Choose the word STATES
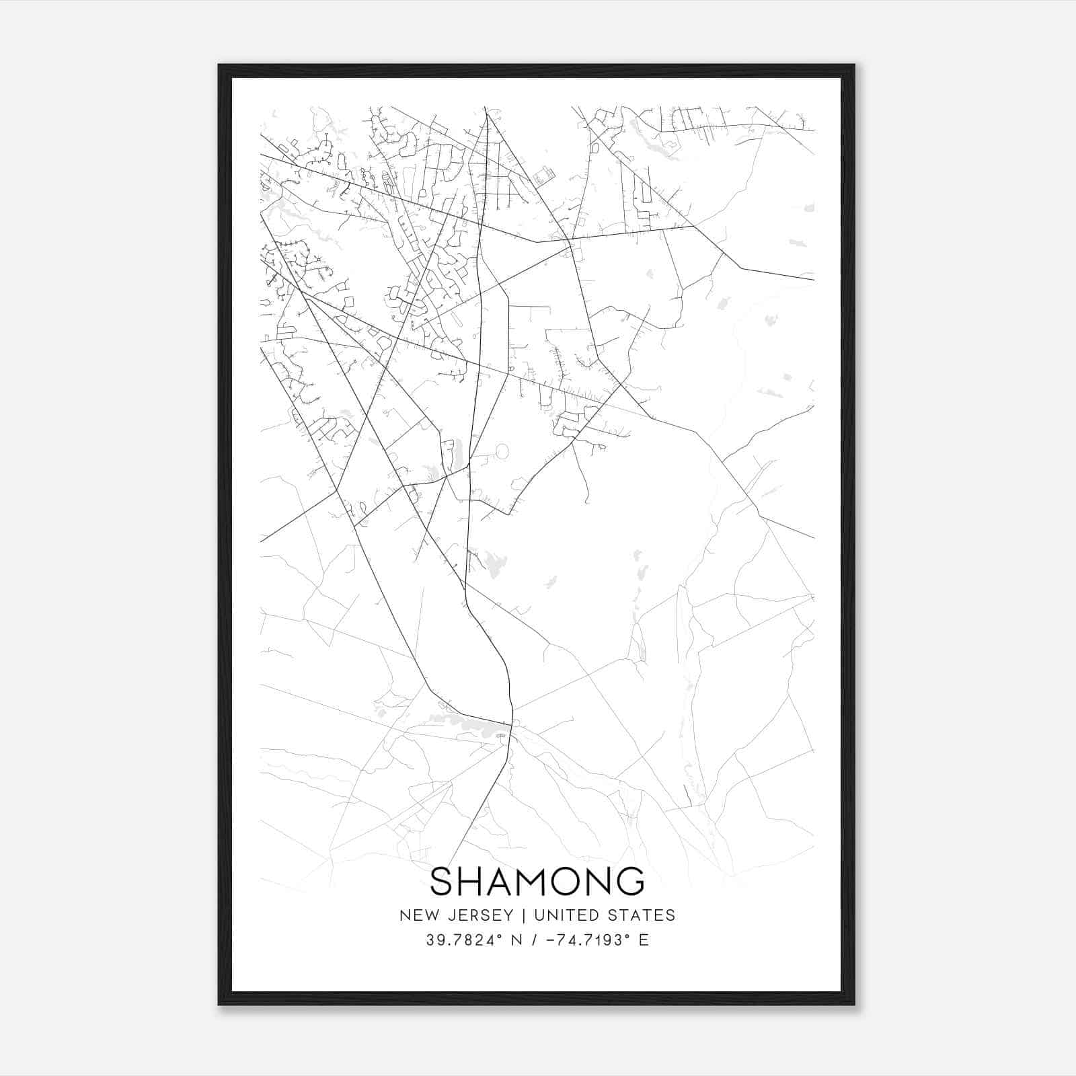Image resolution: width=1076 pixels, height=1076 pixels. pos(642,915)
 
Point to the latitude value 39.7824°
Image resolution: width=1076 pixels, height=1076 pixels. pos(465,940)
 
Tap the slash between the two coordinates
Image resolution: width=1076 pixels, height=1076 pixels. pos(535,940)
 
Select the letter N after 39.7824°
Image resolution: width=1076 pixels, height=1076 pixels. pos(517,940)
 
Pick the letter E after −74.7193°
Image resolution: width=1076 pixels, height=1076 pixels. pos(644,940)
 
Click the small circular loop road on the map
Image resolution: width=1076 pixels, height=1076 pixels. pos(502,450)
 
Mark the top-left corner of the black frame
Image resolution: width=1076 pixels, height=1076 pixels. pos(219,65)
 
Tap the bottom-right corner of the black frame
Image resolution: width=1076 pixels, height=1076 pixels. pos(854,1004)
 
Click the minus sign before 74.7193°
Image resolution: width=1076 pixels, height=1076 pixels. pos(553,940)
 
